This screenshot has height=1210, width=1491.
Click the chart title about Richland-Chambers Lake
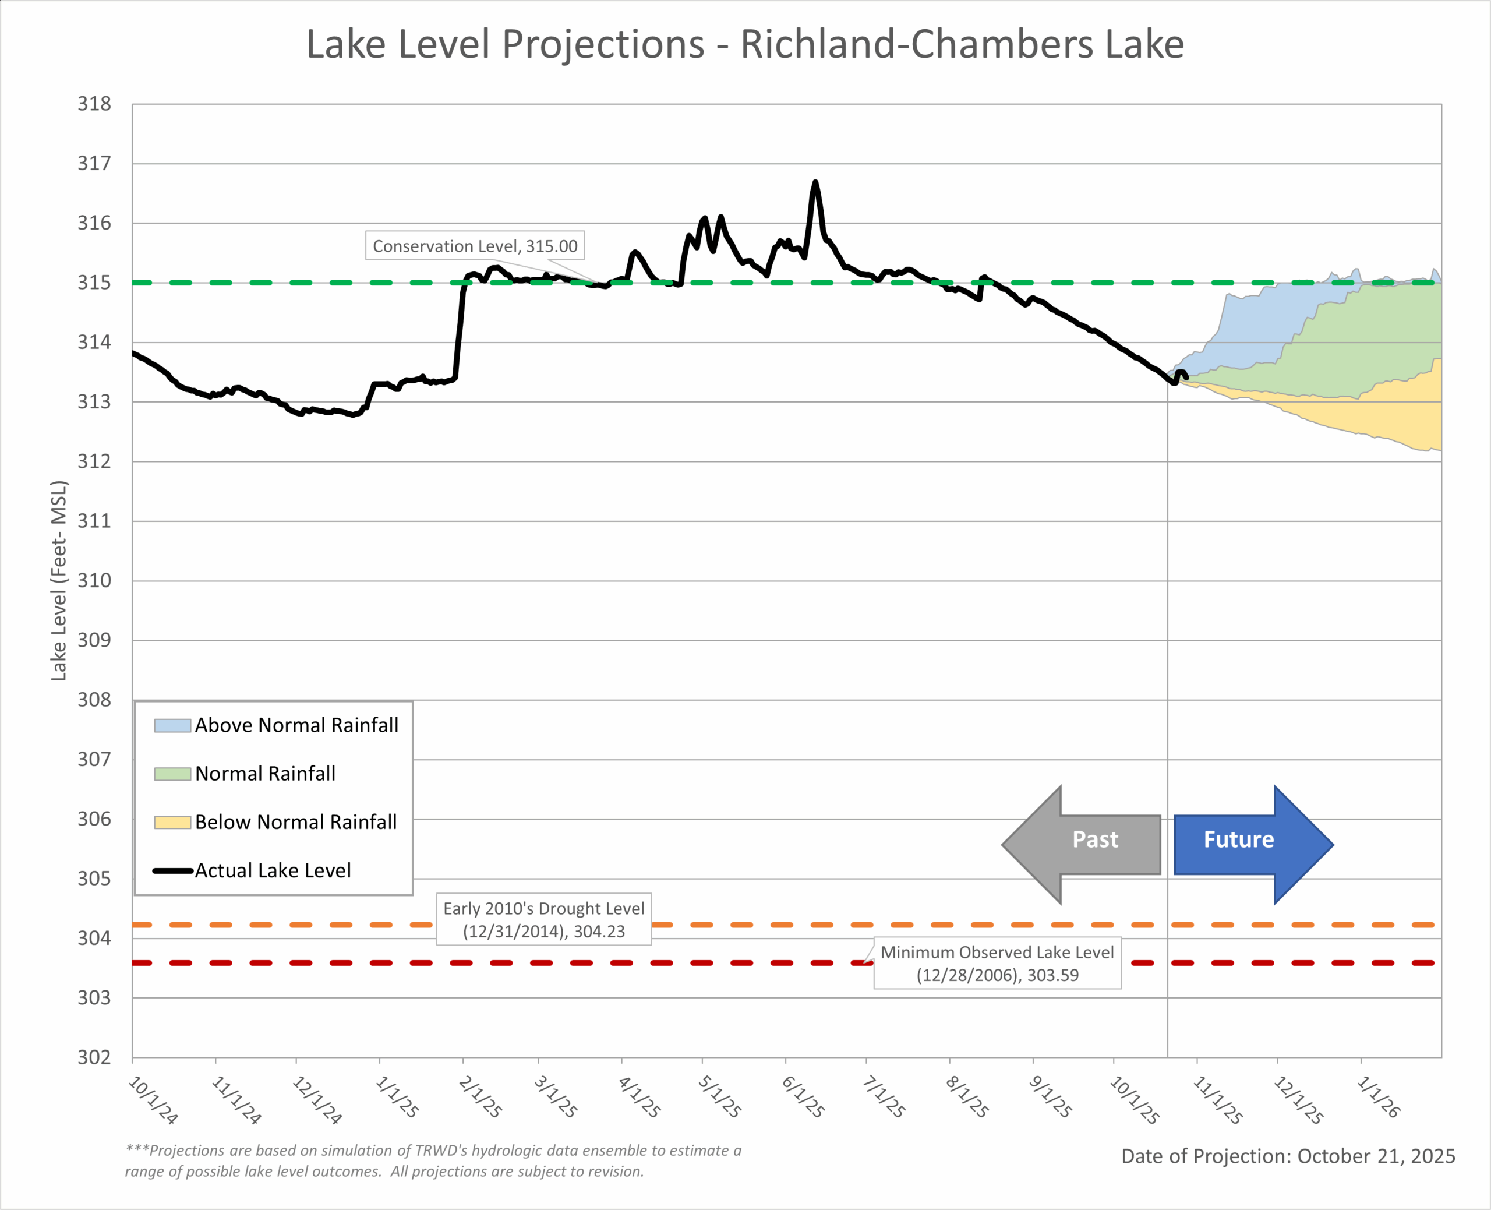pos(745,45)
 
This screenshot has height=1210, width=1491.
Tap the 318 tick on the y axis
pos(94,104)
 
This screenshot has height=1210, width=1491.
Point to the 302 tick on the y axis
pos(94,1057)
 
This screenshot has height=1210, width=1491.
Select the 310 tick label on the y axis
pos(94,581)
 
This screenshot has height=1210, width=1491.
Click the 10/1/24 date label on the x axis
pos(153,1100)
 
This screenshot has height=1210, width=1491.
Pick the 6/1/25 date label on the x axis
pos(803,1097)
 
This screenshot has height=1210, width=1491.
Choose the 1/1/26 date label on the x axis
pos(1378,1097)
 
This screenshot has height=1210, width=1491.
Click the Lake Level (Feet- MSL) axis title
pos(59,581)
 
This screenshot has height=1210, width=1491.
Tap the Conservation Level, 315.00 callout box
pos(475,246)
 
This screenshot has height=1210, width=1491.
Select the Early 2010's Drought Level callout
pos(543,919)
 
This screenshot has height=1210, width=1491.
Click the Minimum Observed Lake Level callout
pos(997,963)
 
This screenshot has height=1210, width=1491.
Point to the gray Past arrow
pos(1082,844)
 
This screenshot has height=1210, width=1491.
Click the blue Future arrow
pos(1252,844)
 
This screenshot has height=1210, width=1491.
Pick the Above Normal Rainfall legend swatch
pos(172,725)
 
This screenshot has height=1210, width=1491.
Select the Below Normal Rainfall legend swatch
pos(172,823)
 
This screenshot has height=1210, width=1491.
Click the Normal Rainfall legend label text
pos(265,774)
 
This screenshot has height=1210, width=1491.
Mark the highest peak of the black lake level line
pos(815,182)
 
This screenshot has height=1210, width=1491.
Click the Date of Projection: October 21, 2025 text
pos(1288,1156)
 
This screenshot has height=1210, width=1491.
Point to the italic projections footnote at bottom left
pos(433,1160)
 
